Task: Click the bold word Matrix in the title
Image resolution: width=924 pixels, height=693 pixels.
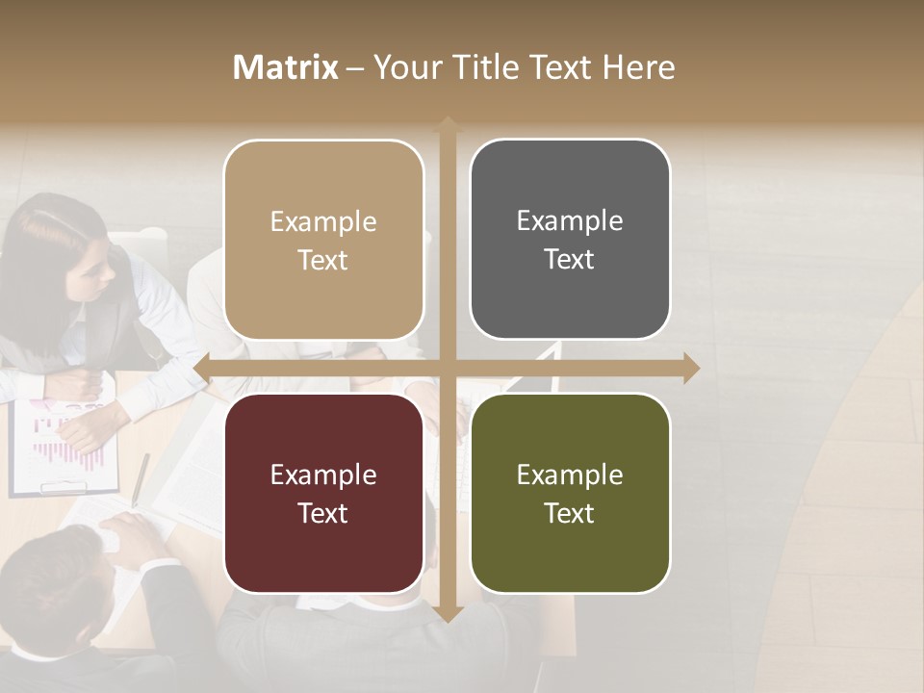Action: pyautogui.click(x=285, y=67)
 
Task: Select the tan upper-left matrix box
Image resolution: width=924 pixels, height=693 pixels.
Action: pyautogui.click(x=323, y=241)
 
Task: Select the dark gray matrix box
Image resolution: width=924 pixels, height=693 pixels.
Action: pyautogui.click(x=570, y=241)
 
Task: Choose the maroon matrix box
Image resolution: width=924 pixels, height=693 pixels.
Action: pyautogui.click(x=323, y=493)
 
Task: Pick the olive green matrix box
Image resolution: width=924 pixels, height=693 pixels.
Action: pyautogui.click(x=570, y=493)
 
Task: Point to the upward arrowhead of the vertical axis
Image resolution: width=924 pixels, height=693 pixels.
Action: pyautogui.click(x=447, y=123)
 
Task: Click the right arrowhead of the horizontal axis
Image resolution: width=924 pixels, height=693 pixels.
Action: pyautogui.click(x=690, y=368)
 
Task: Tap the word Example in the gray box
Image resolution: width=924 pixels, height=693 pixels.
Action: pyautogui.click(x=570, y=221)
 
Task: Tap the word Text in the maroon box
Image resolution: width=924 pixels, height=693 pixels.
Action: pyautogui.click(x=323, y=513)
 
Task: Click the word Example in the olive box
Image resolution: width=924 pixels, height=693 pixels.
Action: pyautogui.click(x=570, y=475)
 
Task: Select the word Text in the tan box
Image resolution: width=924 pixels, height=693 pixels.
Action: pyautogui.click(x=323, y=261)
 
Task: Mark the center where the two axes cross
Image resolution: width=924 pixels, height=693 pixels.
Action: pyautogui.click(x=447, y=368)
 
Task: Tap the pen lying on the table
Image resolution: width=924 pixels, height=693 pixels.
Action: pyautogui.click(x=141, y=478)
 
